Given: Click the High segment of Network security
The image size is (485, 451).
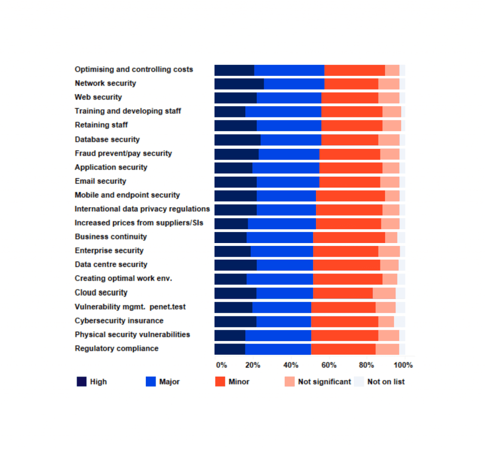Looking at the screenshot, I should pyautogui.click(x=239, y=84).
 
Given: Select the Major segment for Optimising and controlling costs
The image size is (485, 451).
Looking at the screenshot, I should pyautogui.click(x=289, y=70).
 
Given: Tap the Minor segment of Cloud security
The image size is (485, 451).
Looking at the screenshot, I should pyautogui.click(x=342, y=293).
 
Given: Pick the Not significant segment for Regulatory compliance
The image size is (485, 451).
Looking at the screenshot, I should pyautogui.click(x=387, y=349).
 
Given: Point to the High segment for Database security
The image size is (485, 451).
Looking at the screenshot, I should pyautogui.click(x=237, y=140).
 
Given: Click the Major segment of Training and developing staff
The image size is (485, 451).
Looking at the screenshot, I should pyautogui.click(x=283, y=112).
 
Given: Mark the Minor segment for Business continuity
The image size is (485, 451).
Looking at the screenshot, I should pyautogui.click(x=349, y=237).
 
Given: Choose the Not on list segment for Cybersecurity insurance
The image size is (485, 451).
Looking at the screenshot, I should pyautogui.click(x=399, y=322).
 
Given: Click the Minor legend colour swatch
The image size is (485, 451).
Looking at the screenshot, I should pyautogui.click(x=220, y=382).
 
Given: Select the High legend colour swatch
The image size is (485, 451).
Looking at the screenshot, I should pyautogui.click(x=81, y=382).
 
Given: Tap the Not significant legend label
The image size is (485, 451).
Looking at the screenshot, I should pyautogui.click(x=324, y=382).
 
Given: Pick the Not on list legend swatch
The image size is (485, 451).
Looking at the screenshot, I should pyautogui.click(x=359, y=382).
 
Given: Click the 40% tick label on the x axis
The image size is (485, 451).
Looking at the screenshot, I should pyautogui.click(x=290, y=365).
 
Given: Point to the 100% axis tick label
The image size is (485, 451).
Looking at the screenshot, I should pyautogui.click(x=403, y=365).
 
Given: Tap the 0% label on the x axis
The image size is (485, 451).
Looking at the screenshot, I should pyautogui.click(x=221, y=365).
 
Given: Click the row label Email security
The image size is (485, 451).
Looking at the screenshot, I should pyautogui.click(x=100, y=181).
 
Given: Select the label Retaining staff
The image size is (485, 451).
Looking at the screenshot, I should pyautogui.click(x=101, y=125).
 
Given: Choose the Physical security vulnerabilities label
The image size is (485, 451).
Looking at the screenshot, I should pyautogui.click(x=132, y=334).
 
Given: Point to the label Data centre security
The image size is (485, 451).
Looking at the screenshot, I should pyautogui.click(x=111, y=264).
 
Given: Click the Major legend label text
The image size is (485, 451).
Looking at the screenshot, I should pyautogui.click(x=169, y=382).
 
